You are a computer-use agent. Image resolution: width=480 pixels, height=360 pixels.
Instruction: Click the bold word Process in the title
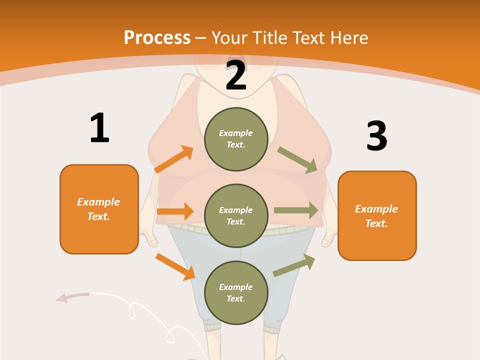157,38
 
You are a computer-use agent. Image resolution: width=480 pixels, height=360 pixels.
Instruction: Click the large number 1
99,128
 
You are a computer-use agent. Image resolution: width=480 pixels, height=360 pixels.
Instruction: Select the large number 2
236,75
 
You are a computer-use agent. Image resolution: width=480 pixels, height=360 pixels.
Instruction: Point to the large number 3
376,136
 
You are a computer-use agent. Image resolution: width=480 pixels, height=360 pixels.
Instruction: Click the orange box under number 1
99,209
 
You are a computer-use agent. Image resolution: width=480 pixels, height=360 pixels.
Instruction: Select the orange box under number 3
377,216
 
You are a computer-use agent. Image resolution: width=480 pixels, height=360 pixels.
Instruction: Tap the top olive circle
236,139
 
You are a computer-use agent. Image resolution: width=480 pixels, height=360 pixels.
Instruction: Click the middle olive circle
236,215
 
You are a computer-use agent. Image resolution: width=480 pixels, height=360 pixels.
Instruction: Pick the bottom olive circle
236,292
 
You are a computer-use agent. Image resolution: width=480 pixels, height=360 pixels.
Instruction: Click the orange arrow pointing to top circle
174,159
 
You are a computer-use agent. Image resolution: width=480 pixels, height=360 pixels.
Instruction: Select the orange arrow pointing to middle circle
175,211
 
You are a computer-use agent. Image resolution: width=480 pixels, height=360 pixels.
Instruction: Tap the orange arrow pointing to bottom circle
175,266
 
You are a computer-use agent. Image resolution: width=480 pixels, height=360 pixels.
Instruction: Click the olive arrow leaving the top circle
297,159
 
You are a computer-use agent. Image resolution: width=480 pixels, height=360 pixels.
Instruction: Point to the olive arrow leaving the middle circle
296,210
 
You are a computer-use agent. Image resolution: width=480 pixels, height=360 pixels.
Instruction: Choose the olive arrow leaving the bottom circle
294,265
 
